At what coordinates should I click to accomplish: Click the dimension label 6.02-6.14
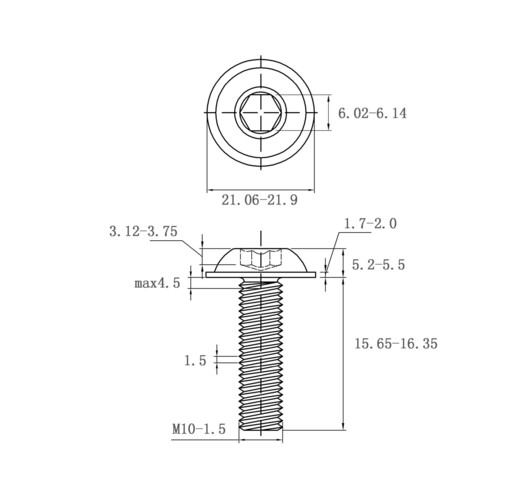point(372,113)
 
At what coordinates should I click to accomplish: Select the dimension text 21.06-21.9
point(259,200)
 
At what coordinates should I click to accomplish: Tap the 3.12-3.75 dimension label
point(143,231)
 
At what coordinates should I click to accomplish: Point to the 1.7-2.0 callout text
point(370,223)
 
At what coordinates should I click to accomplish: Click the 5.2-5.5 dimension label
point(378,265)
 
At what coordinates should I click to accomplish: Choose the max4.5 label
point(157,283)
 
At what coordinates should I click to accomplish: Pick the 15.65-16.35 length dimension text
point(396,343)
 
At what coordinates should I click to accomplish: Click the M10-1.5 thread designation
point(199,429)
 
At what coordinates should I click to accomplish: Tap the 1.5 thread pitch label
point(195,360)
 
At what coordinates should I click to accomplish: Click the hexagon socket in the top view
point(261,113)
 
